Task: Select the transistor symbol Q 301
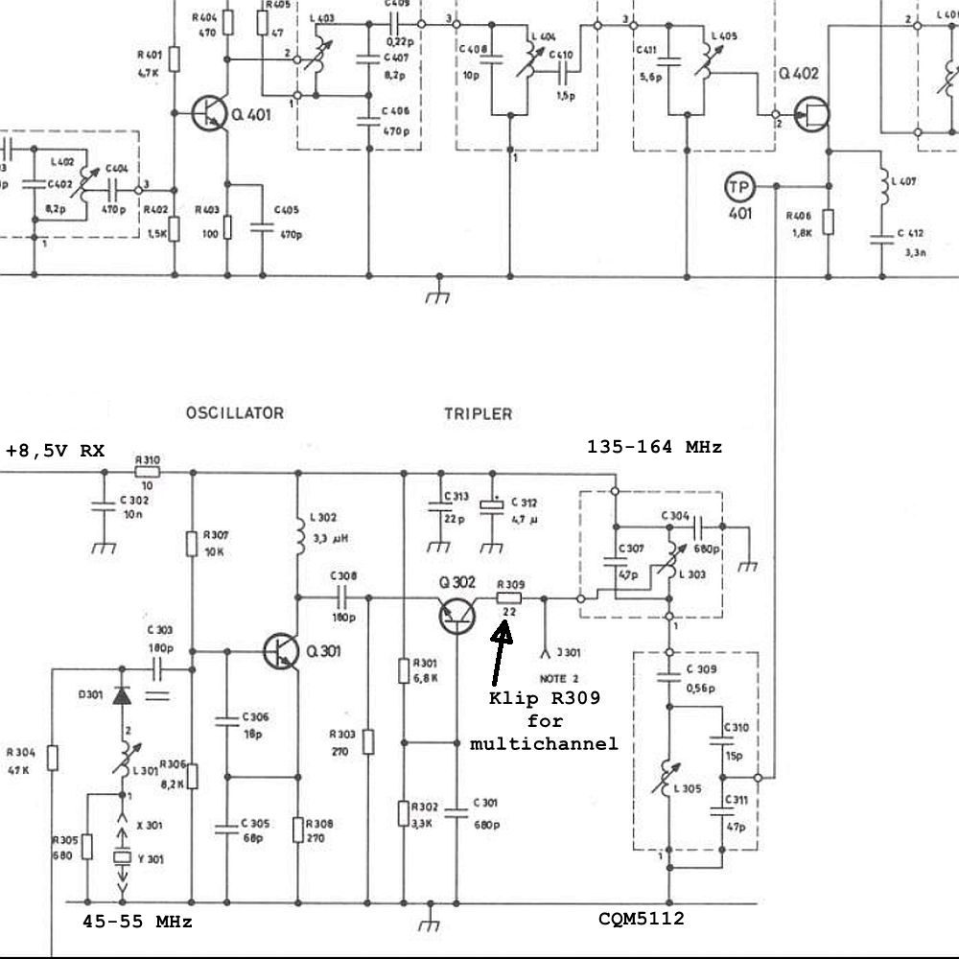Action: pos(281,651)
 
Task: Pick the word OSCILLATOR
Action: pos(234,413)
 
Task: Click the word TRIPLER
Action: pos(478,414)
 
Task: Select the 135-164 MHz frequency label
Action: pos(654,447)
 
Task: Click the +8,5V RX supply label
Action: pos(55,451)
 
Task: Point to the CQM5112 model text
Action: pos(642,919)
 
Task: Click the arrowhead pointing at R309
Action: pos(504,629)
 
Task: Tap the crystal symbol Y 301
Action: pos(123,858)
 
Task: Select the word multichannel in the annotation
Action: pos(544,743)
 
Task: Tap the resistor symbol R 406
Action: pos(829,222)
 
